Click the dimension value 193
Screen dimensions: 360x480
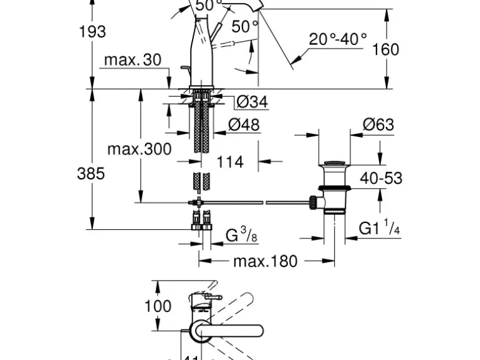pos(92,31)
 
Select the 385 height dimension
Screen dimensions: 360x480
pos(90,174)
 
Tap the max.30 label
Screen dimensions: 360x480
pos(132,60)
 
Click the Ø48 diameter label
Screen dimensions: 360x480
pos(244,125)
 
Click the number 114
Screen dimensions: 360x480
pos(230,161)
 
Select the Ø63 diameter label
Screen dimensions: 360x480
pos(379,125)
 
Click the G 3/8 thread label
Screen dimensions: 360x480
pos(241,236)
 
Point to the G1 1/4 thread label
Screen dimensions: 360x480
pos(379,228)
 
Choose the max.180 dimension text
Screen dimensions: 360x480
pos(265,261)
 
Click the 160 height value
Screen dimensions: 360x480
pos(385,49)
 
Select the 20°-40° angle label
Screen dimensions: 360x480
pos(338,39)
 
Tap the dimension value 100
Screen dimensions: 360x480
pos(158,306)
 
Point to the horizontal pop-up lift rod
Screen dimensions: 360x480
pos(256,202)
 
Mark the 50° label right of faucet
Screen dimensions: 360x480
pos(244,27)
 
